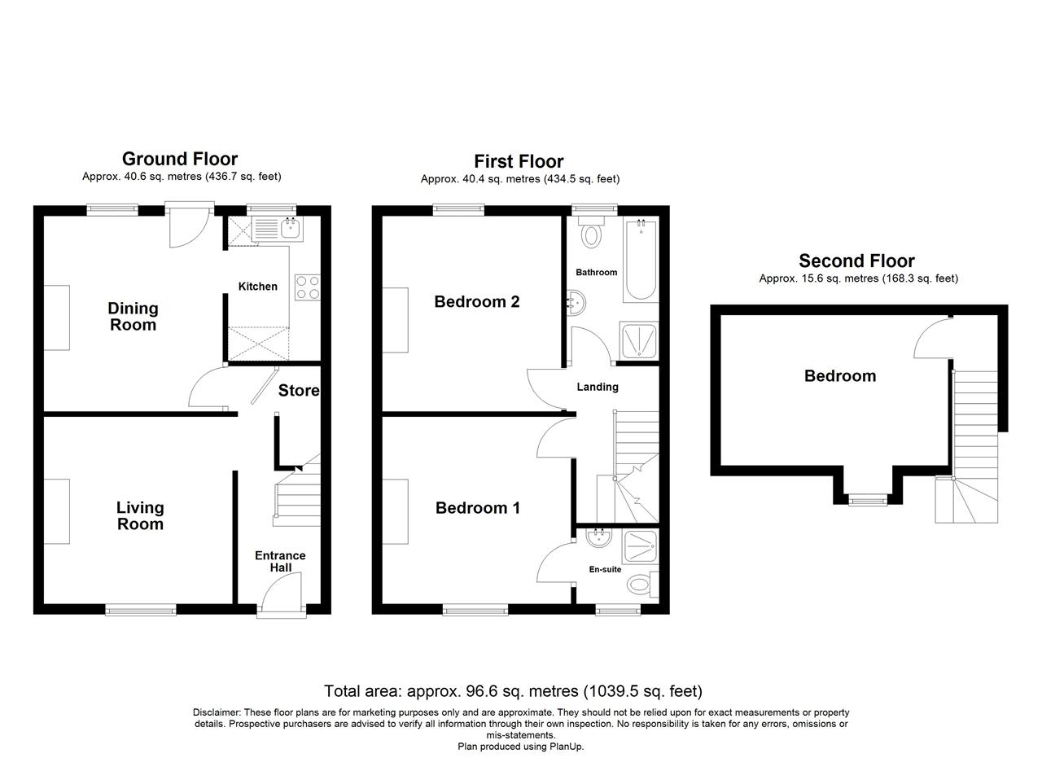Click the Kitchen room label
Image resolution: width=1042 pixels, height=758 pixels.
click(x=258, y=287)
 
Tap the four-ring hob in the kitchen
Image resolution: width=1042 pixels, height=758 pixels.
click(x=308, y=287)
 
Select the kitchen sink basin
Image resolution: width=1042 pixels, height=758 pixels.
click(x=291, y=228)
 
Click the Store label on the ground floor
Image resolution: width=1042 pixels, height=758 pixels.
click(x=299, y=391)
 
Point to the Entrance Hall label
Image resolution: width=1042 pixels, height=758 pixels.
click(x=280, y=561)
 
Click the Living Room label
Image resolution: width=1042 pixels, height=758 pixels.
click(x=140, y=515)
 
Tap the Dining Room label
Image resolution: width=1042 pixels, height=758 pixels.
click(x=133, y=317)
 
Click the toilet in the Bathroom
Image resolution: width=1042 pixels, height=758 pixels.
click(x=591, y=232)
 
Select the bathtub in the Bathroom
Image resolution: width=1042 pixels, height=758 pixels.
click(x=641, y=261)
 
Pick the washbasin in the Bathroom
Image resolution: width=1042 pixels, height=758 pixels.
click(x=576, y=302)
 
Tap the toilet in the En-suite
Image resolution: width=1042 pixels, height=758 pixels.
click(x=642, y=585)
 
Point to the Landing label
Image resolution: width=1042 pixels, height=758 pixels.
click(x=598, y=388)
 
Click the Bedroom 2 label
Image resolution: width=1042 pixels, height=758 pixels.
click(x=477, y=302)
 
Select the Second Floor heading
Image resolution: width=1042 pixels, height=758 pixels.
click(x=856, y=261)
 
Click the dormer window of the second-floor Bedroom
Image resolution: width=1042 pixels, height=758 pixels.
click(x=868, y=501)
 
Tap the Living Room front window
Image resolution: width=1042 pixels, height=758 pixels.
click(x=141, y=610)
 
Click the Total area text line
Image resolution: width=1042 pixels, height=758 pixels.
click(x=513, y=691)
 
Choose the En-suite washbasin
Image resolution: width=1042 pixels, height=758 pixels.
click(x=598, y=538)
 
